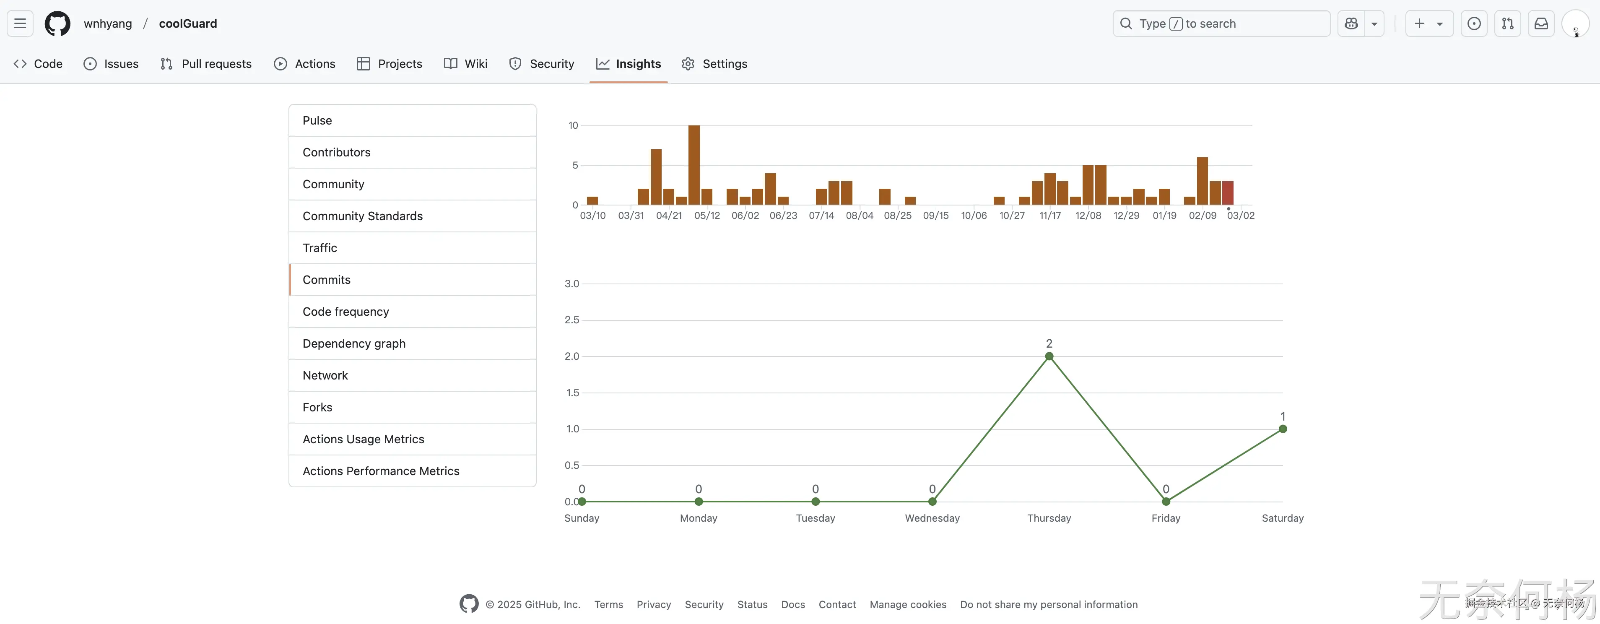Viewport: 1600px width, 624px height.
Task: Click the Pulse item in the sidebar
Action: point(317,121)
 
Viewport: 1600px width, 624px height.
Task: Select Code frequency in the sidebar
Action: point(345,312)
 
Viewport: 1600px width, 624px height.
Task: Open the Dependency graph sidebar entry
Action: point(353,344)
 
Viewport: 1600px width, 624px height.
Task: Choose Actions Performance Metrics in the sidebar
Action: point(381,471)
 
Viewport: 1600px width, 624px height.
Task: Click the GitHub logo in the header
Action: point(57,23)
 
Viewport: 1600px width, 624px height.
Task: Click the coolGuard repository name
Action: point(187,23)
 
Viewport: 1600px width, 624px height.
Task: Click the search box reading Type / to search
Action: point(1221,23)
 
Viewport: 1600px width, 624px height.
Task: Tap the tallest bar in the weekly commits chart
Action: point(694,165)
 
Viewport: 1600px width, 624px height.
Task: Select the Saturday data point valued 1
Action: point(1283,429)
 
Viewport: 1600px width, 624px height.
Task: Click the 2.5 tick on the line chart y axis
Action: point(571,320)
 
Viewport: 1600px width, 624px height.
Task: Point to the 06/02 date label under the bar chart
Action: point(745,216)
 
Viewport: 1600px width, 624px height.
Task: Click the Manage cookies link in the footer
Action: point(907,605)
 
